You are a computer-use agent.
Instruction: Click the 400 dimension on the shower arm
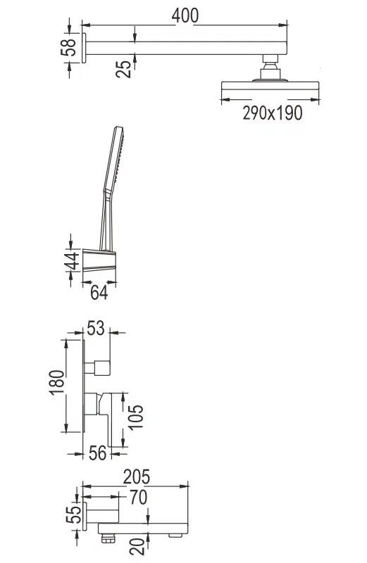[x=185, y=15]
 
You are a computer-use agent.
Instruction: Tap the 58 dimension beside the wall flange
[x=68, y=47]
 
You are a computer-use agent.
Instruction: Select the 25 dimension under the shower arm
[x=123, y=69]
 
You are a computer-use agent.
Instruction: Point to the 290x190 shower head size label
[x=273, y=113]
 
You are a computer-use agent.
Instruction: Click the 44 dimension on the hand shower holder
[x=72, y=260]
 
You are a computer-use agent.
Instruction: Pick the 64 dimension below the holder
[x=99, y=293]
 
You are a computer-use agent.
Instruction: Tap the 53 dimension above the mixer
[x=96, y=328]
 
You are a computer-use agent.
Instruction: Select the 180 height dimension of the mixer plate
[x=57, y=383]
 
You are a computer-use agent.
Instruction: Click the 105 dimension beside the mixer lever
[x=135, y=417]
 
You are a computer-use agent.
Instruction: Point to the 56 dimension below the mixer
[x=98, y=453]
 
